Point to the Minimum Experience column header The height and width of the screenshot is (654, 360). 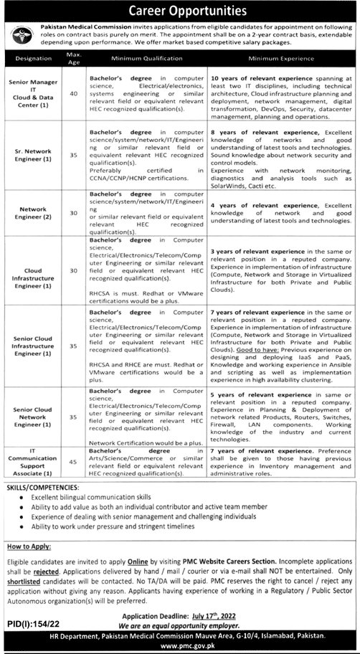[282, 62]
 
